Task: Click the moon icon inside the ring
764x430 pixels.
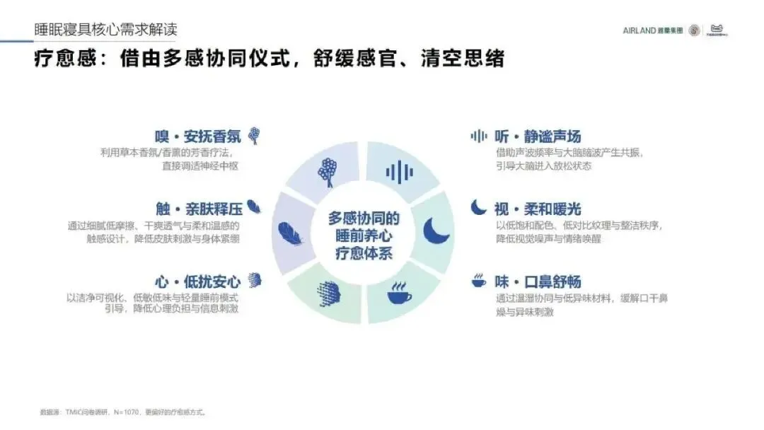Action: pos(436,231)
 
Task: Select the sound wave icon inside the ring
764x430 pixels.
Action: pos(400,172)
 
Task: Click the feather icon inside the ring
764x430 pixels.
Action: pos(290,233)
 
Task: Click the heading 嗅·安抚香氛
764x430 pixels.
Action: pos(198,136)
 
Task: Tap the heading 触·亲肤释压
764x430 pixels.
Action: pos(199,209)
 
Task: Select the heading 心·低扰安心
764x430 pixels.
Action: pos(198,281)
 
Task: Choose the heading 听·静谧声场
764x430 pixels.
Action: pos(538,136)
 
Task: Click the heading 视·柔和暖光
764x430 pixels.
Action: pos(538,209)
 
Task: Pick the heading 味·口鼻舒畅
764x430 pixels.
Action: pos(538,281)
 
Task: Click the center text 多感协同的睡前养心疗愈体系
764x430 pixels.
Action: pos(364,235)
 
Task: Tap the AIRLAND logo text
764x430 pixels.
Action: pos(639,30)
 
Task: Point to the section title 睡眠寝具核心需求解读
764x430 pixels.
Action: pos(106,30)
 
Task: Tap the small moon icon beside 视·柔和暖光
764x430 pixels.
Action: pos(479,207)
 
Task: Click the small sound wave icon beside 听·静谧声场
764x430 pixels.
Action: pos(479,136)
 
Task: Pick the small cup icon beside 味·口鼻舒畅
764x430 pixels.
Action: pos(479,281)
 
